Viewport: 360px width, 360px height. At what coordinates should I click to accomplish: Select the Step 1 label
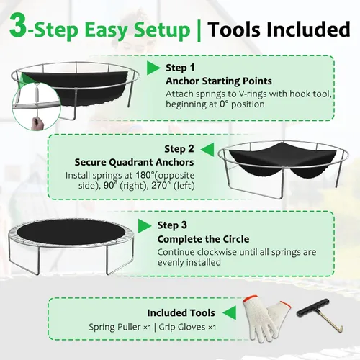click(x=180, y=68)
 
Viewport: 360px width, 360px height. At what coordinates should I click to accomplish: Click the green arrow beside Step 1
click(x=153, y=68)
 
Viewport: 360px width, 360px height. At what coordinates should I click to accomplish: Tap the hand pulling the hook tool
click(x=38, y=123)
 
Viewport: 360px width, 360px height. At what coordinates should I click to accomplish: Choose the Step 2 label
click(x=179, y=149)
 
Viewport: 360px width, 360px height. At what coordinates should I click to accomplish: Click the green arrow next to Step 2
click(x=207, y=150)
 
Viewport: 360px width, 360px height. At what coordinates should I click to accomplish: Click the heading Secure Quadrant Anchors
click(x=134, y=163)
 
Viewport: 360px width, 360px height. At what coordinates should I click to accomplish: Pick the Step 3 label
click(x=172, y=225)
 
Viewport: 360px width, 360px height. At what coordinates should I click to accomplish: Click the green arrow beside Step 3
click(x=145, y=225)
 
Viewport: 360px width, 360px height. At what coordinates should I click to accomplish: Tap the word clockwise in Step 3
click(x=217, y=252)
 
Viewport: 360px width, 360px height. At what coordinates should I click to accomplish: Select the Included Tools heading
click(x=181, y=313)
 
